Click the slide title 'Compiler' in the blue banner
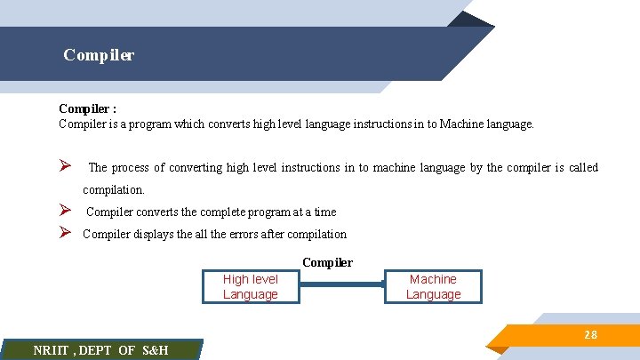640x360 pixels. (x=99, y=55)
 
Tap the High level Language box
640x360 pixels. (x=251, y=287)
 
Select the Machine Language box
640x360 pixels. (x=434, y=287)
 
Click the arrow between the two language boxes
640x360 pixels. (x=343, y=285)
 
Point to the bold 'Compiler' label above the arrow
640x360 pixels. (x=327, y=262)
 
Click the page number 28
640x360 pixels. (x=590, y=335)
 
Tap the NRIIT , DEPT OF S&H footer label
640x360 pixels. (x=100, y=350)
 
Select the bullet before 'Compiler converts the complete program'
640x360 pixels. (x=65, y=211)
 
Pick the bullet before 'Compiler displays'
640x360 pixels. (x=65, y=233)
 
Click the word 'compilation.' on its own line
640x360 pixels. (x=113, y=189)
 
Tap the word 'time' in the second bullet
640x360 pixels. (x=324, y=212)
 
